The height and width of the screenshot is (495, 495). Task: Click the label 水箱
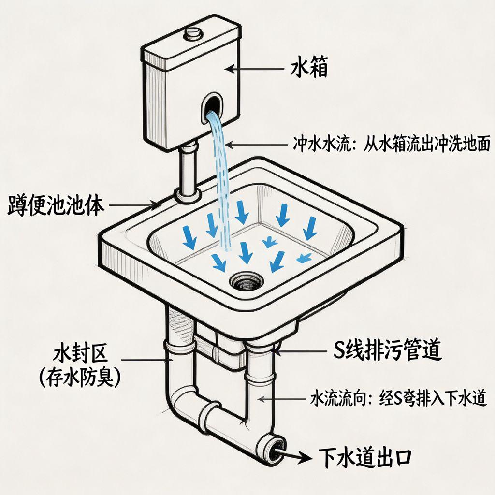[x=308, y=69]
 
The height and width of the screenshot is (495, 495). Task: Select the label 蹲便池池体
[x=56, y=205]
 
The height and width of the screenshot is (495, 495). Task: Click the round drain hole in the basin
[x=246, y=280]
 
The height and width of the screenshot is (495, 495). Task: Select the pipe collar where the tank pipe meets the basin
[x=188, y=195]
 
